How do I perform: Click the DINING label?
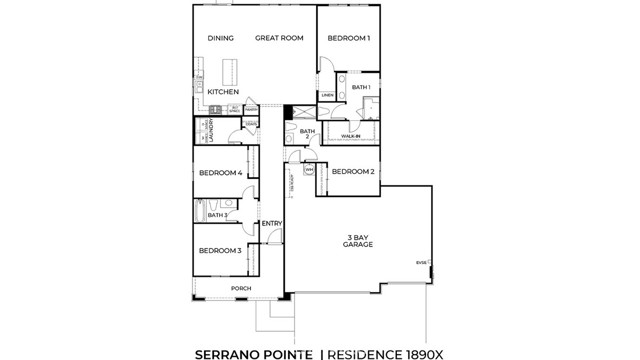[x=220, y=39]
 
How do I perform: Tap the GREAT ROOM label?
[x=279, y=39]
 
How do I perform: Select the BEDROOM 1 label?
[x=349, y=39]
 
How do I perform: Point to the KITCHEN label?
[x=223, y=92]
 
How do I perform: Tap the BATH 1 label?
[x=361, y=88]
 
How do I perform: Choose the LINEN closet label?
[x=327, y=96]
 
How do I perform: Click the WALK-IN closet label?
[x=351, y=135]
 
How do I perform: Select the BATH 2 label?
[x=308, y=133]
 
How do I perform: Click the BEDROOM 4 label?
[x=220, y=173]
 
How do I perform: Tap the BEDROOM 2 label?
[x=353, y=172]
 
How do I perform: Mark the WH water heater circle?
[x=310, y=171]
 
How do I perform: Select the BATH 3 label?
[x=218, y=215]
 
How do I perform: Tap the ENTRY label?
[x=271, y=223]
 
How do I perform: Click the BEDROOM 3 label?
[x=219, y=250]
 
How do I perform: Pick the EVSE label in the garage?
[x=421, y=263]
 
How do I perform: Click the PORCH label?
[x=241, y=289]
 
